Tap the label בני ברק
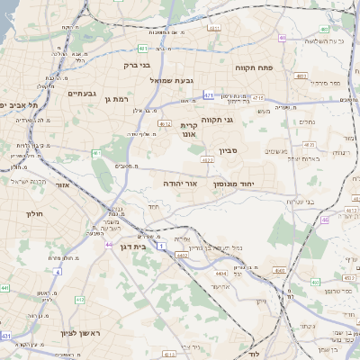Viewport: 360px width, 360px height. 139,65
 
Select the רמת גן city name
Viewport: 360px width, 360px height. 118,99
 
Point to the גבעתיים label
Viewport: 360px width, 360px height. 82,93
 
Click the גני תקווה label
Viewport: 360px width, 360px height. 240,118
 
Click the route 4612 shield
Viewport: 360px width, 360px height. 181,256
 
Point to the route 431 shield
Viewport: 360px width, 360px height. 7,335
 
